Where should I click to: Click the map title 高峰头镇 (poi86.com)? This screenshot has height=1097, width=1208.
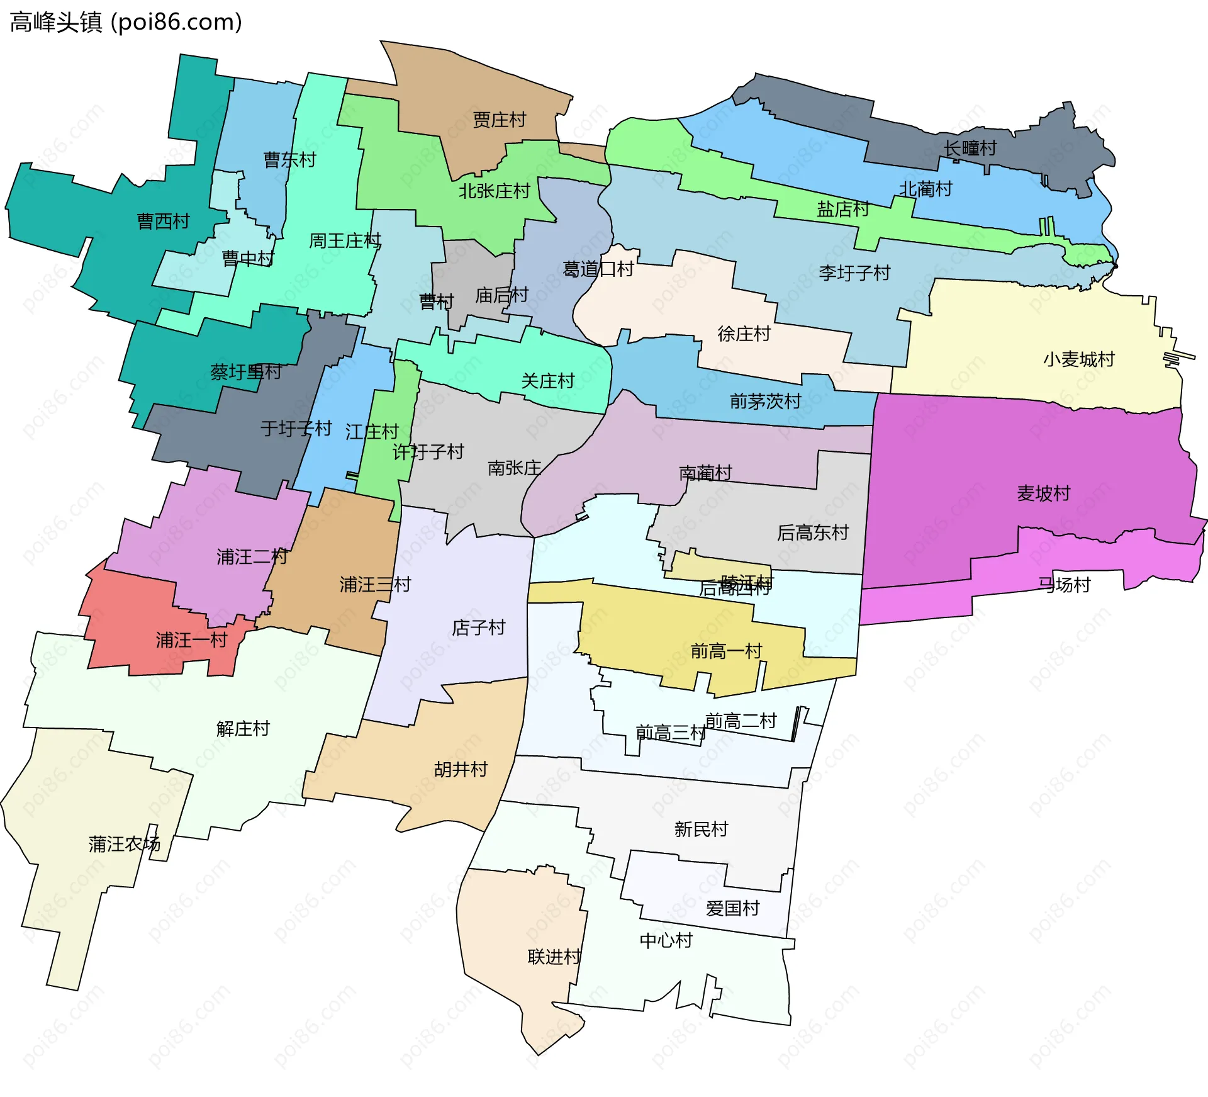(x=126, y=22)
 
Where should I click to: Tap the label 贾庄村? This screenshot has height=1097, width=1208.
(x=499, y=120)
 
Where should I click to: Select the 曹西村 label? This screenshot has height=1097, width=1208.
(x=163, y=221)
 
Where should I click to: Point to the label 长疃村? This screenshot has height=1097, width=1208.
(x=970, y=149)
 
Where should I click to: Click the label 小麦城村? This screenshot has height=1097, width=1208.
(x=1078, y=359)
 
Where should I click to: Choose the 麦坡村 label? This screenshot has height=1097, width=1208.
(x=1043, y=493)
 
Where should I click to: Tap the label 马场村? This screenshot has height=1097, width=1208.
(x=1064, y=585)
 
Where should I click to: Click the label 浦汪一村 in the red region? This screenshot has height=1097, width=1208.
(x=191, y=640)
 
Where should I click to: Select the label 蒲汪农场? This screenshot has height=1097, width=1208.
(x=124, y=844)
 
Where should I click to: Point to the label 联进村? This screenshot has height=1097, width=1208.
(x=554, y=957)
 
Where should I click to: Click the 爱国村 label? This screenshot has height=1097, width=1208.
(x=732, y=908)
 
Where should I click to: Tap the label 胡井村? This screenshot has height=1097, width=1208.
(x=461, y=769)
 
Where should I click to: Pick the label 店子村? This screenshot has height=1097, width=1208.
(x=478, y=627)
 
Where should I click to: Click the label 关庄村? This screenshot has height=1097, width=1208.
(x=547, y=381)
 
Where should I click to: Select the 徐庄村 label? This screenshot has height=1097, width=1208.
(x=744, y=334)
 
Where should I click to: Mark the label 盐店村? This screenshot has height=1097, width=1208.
(x=842, y=209)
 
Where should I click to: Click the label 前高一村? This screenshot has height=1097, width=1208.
(x=726, y=651)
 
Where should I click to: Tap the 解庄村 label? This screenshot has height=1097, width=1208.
(x=243, y=729)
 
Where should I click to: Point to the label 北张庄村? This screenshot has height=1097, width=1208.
(x=494, y=191)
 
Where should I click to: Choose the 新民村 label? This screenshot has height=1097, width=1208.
(x=701, y=829)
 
